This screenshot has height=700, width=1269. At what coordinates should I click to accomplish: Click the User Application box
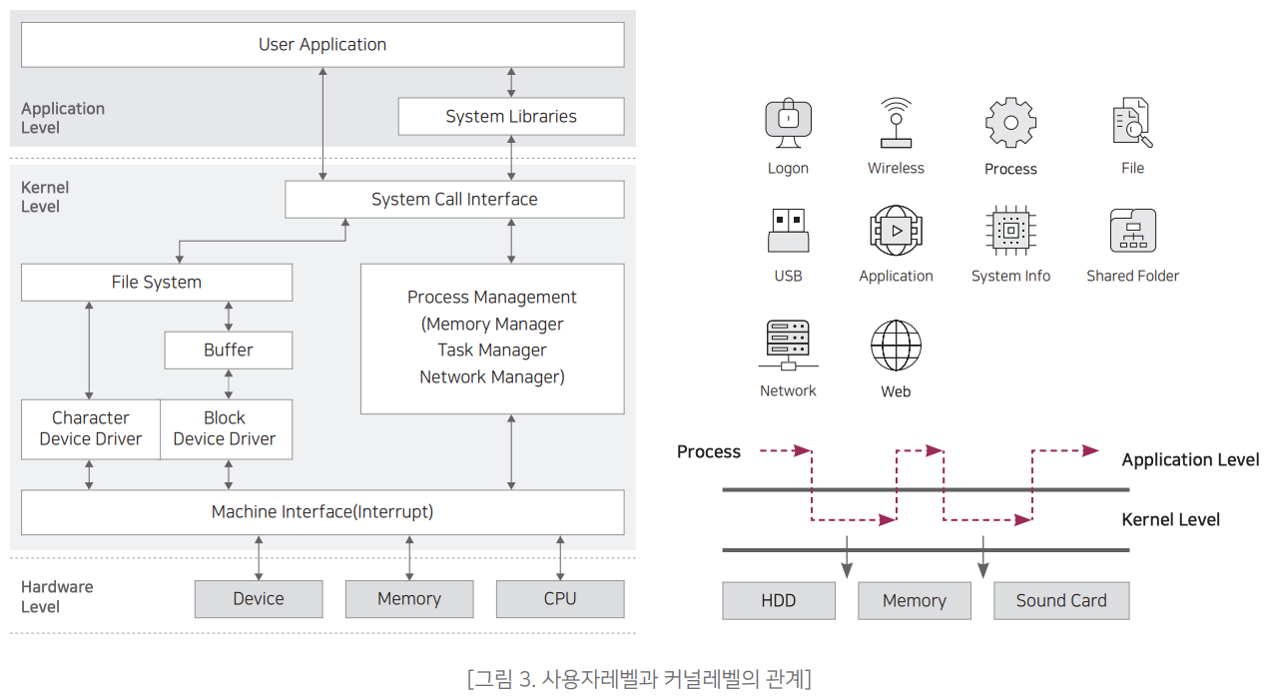coord(322,45)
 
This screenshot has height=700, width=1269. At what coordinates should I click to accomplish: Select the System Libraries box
coord(511,117)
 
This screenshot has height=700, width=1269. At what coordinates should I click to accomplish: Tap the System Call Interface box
coord(454,200)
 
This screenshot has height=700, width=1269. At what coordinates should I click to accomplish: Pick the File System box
coord(157,283)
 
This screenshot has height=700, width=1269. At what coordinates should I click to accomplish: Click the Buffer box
coord(229,350)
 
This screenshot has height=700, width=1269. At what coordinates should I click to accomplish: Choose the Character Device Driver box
coord(91,429)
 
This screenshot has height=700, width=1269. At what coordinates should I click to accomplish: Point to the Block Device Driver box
coord(226,429)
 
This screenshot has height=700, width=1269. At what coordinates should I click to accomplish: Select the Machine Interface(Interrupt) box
coord(322,512)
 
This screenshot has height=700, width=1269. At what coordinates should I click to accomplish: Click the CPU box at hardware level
coord(560,599)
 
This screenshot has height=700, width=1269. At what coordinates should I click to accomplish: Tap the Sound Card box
coord(1061,601)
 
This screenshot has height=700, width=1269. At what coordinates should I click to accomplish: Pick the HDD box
coord(779,601)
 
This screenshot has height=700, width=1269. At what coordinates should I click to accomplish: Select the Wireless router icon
coord(896,122)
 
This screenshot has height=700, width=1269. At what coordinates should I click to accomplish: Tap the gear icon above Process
coord(1010,123)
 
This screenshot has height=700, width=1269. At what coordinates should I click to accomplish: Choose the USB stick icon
coord(788,230)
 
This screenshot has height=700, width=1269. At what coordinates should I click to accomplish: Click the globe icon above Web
coord(896,346)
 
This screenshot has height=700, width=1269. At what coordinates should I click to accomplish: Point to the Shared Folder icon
coord(1132,231)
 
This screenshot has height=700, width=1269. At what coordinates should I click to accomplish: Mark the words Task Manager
coord(492,350)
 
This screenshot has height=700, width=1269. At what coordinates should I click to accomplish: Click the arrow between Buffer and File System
coord(229,317)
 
